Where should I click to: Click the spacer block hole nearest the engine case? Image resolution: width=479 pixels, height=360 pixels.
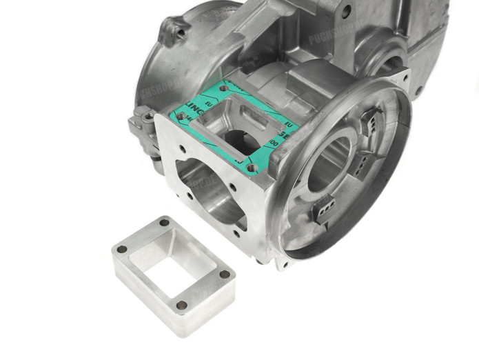pyautogui.click(x=165, y=222)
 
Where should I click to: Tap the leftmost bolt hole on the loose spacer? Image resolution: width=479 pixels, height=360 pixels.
pyautogui.click(x=122, y=249)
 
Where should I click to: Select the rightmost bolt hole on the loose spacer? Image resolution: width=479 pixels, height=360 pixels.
pyautogui.click(x=225, y=274)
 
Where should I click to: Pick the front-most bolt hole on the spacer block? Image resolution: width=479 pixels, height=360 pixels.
pyautogui.click(x=181, y=304)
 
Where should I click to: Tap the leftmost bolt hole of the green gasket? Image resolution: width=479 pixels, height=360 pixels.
pyautogui.click(x=181, y=117)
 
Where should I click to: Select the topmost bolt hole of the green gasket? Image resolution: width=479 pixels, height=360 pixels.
pyautogui.click(x=223, y=89)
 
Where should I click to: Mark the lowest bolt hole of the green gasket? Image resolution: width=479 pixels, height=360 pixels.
pyautogui.click(x=250, y=167)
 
